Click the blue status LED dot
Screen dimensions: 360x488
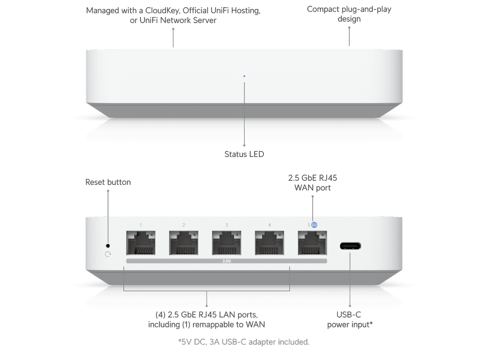(x=244, y=76)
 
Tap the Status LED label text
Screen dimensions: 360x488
(x=244, y=154)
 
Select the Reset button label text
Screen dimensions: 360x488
(x=108, y=182)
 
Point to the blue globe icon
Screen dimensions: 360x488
(x=314, y=225)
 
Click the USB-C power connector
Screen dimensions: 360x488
(x=351, y=247)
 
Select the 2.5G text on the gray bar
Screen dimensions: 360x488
(x=227, y=261)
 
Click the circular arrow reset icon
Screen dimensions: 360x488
(x=108, y=254)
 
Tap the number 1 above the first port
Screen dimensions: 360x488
(x=141, y=225)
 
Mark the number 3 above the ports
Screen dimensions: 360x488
(x=227, y=225)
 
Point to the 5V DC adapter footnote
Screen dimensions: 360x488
(x=244, y=342)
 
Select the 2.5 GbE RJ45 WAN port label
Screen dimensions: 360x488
(x=313, y=182)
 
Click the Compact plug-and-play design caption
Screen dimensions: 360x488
(x=349, y=14)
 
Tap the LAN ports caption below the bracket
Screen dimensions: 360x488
(x=206, y=319)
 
